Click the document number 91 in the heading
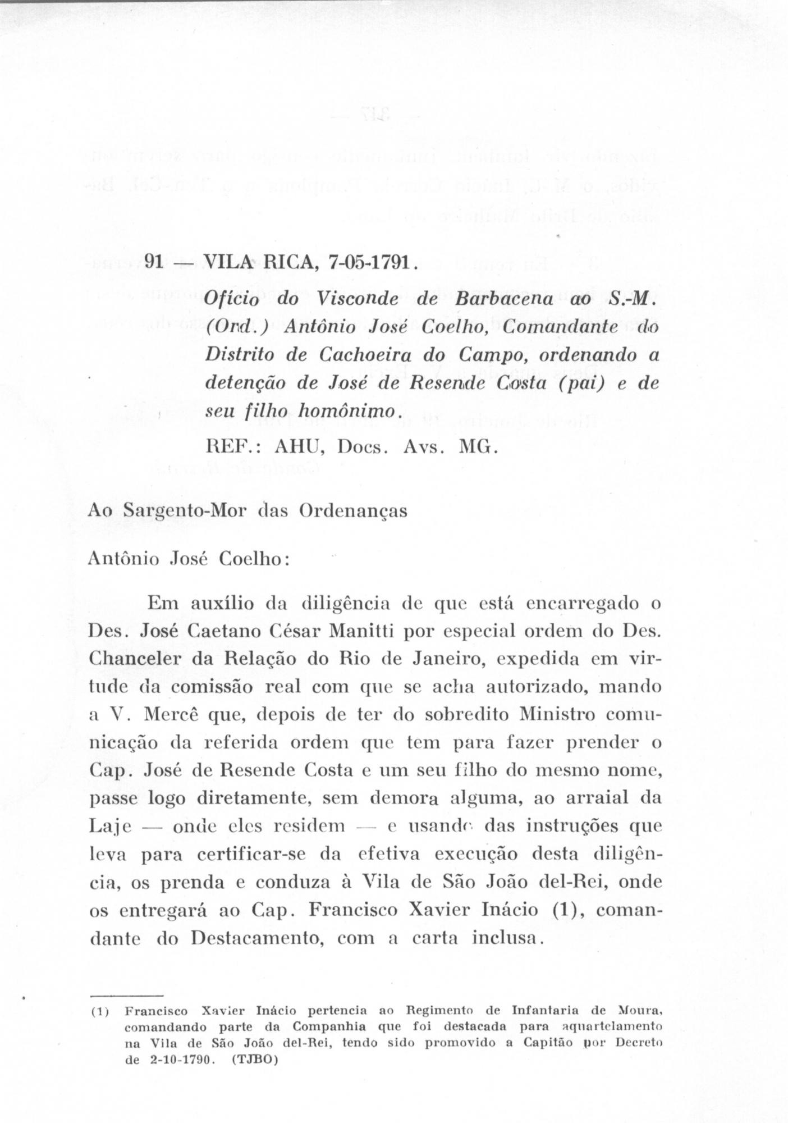coord(154,262)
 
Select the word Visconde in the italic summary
coord(358,299)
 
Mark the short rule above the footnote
coord(126,994)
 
